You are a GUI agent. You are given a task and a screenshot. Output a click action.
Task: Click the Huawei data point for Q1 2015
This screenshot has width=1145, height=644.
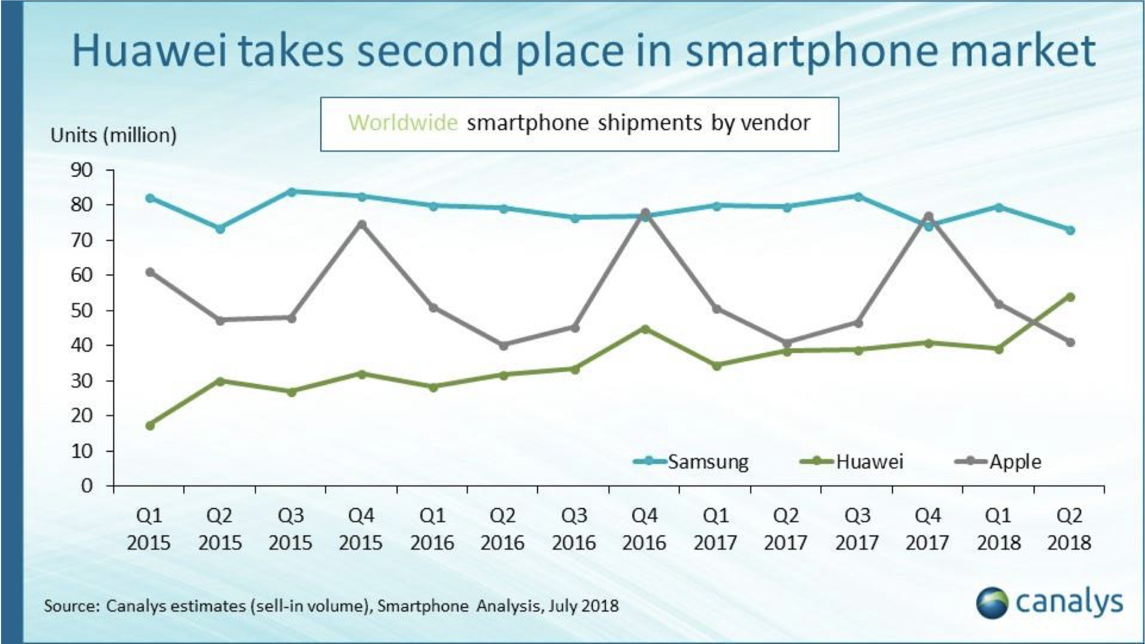point(150,426)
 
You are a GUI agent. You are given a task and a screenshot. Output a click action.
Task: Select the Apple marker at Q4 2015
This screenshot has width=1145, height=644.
point(362,224)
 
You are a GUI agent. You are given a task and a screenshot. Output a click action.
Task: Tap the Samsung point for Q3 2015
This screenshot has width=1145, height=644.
point(292,192)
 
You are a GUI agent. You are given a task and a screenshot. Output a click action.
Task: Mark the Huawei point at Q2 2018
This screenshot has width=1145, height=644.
point(1070,297)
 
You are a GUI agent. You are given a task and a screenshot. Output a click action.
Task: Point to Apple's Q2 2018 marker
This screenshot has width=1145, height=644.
point(1070,342)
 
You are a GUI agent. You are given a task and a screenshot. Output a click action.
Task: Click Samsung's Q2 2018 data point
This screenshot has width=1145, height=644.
point(1070,230)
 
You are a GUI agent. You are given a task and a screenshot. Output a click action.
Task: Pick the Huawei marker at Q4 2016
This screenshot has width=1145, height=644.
point(645,329)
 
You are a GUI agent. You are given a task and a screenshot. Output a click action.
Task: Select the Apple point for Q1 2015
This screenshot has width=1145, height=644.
point(150,272)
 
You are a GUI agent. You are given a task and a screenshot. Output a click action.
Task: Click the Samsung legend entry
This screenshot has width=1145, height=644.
point(690,462)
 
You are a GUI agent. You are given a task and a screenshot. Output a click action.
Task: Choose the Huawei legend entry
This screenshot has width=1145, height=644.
point(851,462)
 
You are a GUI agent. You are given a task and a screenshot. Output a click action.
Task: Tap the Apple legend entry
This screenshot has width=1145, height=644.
point(998,462)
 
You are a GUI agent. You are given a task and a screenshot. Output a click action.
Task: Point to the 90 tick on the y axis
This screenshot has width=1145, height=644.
point(82,170)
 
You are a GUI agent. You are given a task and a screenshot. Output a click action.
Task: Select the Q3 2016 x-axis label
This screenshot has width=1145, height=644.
point(573,529)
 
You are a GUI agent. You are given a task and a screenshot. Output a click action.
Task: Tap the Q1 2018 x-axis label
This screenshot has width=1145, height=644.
point(999,529)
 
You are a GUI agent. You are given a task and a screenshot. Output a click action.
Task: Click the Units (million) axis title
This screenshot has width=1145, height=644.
point(114,135)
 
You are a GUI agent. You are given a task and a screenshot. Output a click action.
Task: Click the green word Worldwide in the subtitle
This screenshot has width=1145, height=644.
point(403,122)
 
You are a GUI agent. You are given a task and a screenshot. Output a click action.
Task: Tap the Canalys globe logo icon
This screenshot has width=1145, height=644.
point(992,603)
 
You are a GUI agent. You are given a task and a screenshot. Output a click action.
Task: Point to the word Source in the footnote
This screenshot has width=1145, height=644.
point(72,606)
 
